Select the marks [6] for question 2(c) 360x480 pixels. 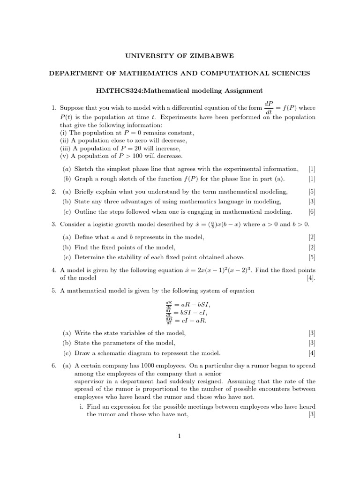click(x=312, y=211)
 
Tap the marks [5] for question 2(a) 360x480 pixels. click(x=312, y=191)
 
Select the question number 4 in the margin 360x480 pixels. click(x=54, y=270)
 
